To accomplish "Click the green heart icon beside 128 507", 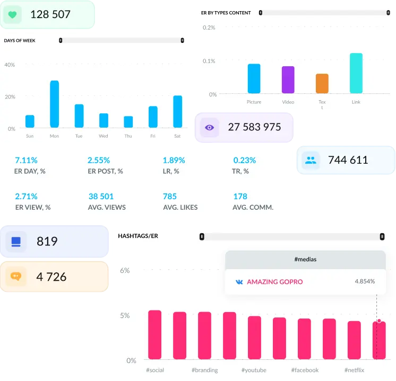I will tap(12, 15).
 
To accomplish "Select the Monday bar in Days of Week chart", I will tap(54, 104).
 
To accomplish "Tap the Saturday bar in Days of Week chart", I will tap(177, 112).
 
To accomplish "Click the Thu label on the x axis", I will tap(128, 136).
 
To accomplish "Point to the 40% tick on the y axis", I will tap(10, 65).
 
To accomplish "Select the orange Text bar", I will tap(322, 84).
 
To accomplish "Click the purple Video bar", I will tap(288, 80).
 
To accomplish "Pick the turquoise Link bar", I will tap(356, 73).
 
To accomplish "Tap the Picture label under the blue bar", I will tap(254, 102).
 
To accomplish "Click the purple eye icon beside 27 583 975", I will tap(209, 128).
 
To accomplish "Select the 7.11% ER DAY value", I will tap(26, 160).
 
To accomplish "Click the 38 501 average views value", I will tap(101, 196).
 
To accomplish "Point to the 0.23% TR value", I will tap(244, 160).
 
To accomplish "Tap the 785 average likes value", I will tap(169, 196).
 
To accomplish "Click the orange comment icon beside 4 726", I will tap(15, 277).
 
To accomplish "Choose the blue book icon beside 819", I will tap(15, 242).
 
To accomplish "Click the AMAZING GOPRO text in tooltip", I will tap(274, 282).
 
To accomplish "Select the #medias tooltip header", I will tap(305, 259).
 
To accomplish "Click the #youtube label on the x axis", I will tap(254, 370).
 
